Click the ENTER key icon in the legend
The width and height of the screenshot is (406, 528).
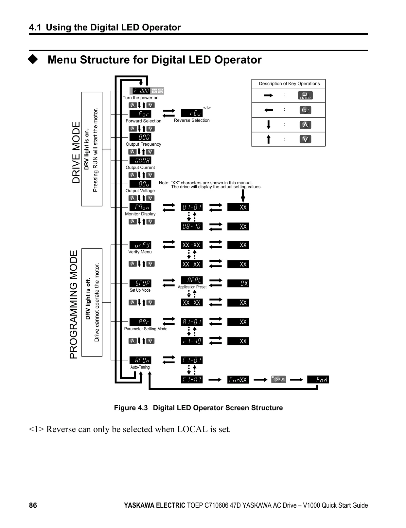(x=305, y=96)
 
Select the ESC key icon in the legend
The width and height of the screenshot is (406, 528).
(x=305, y=110)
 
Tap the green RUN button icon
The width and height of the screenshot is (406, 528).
(x=278, y=379)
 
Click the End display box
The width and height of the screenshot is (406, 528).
(x=318, y=379)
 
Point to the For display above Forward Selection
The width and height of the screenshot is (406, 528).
(x=140, y=114)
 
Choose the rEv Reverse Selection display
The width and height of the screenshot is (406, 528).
(x=192, y=113)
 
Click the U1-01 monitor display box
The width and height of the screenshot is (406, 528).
(x=192, y=207)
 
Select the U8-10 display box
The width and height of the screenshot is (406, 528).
(x=192, y=227)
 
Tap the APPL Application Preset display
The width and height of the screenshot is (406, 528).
(x=192, y=280)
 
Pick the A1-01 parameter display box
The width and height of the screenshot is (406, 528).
(x=192, y=322)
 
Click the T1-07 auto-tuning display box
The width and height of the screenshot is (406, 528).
(x=192, y=379)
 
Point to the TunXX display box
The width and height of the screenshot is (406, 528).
(x=238, y=379)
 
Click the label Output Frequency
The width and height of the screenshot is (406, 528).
(x=143, y=144)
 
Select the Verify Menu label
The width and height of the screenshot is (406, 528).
(x=140, y=252)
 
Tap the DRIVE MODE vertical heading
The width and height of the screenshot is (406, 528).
(x=76, y=152)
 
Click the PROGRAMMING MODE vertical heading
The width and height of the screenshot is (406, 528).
(x=74, y=304)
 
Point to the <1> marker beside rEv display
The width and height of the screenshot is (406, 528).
(x=207, y=108)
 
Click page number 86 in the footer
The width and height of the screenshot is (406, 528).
(x=33, y=505)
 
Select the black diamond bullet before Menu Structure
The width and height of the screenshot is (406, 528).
(x=33, y=60)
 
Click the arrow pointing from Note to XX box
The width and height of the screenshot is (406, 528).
(x=243, y=196)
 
